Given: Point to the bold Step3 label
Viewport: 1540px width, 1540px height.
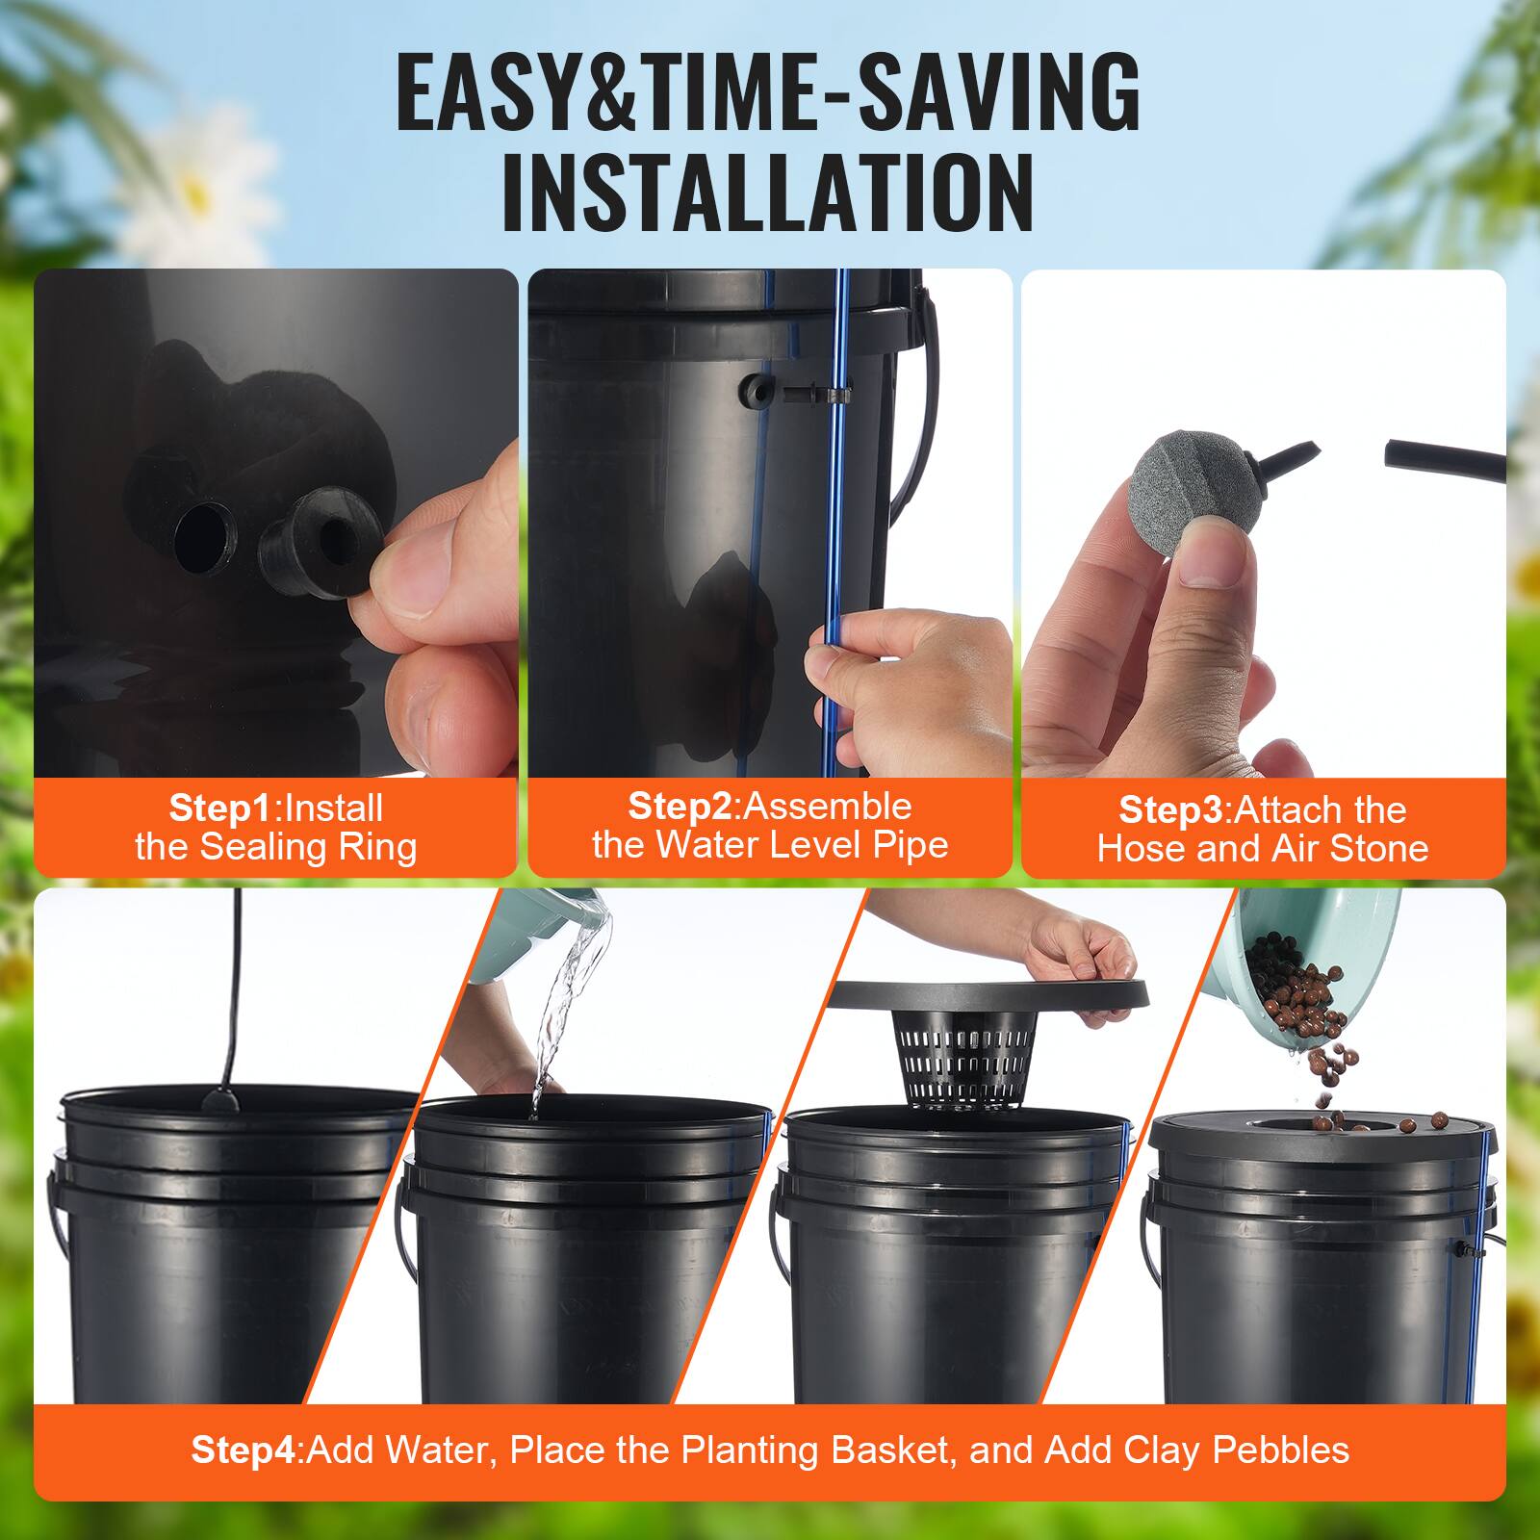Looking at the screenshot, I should click(1171, 810).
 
